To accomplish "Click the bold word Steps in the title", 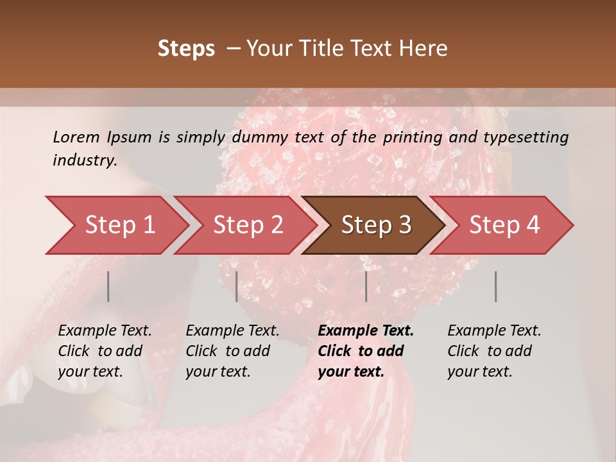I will pos(186,49).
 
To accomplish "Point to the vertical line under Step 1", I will pos(108,286).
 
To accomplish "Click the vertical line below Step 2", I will pos(237,286).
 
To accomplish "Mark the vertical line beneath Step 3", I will pos(366,286).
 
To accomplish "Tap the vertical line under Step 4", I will pos(495,286).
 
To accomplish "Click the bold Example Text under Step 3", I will pos(366,331).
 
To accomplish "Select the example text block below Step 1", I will pos(105,351).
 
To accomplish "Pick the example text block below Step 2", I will pos(232,351).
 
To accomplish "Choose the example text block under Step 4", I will pos(494,351).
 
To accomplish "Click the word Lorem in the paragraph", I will pos(76,137).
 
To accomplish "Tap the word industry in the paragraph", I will pos(84,160).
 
